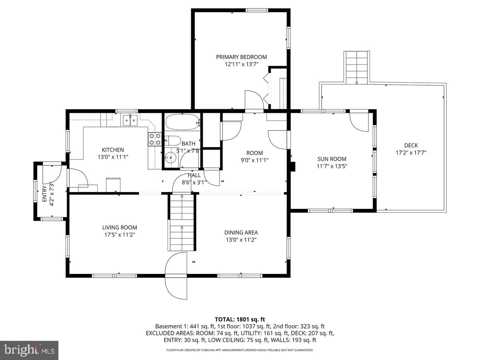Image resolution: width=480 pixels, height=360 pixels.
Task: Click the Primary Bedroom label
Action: click(x=241, y=57)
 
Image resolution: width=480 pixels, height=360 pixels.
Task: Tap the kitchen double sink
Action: click(x=130, y=120)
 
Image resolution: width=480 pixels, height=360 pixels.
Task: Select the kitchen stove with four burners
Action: click(x=155, y=139)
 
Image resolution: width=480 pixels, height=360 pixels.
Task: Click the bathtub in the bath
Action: click(x=182, y=122)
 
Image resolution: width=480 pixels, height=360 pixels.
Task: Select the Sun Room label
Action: click(x=332, y=159)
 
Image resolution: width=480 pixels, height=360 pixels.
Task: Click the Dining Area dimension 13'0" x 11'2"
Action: click(x=241, y=240)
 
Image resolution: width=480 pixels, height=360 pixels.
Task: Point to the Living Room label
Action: click(x=119, y=227)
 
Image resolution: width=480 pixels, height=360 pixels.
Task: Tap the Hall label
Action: click(x=194, y=175)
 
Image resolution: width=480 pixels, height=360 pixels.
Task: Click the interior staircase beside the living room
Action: click(x=182, y=222)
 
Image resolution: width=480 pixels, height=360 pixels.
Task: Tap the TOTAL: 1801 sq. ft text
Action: click(x=240, y=319)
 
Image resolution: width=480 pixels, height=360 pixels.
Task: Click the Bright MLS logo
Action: click(x=29, y=350)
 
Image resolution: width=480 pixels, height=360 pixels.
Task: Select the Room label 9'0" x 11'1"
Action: click(x=254, y=153)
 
